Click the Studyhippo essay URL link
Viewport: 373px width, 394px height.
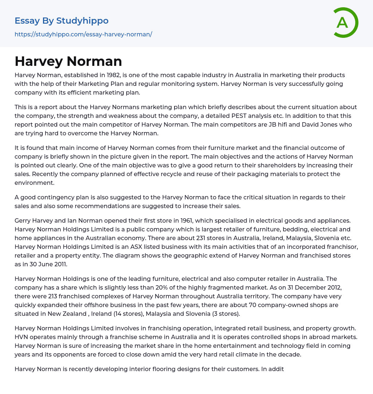[x=83, y=34]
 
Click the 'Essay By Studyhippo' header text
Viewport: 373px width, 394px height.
[x=62, y=21]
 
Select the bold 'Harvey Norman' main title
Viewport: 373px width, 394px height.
[x=68, y=61]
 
